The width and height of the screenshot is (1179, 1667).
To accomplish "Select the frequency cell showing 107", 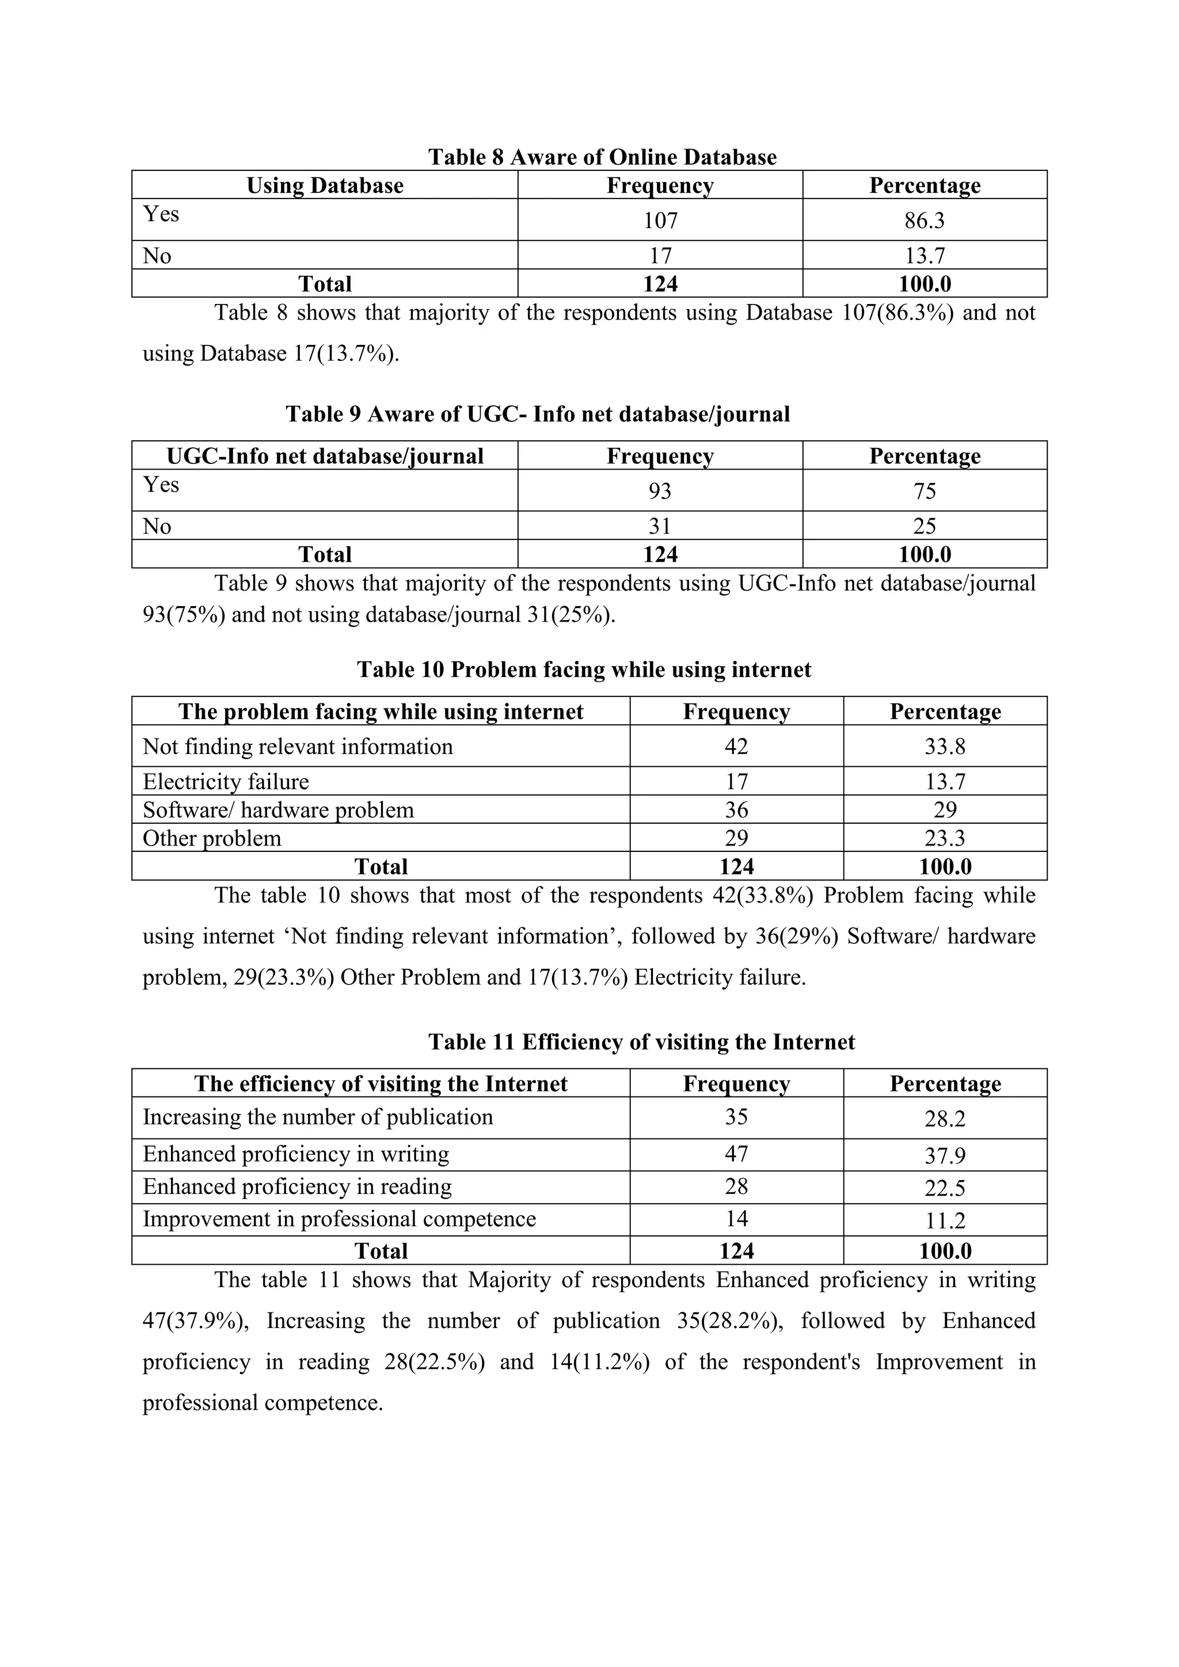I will click(660, 220).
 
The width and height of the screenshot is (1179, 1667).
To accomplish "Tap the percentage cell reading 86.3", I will click(924, 220).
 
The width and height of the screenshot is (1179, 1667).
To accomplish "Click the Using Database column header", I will click(325, 185).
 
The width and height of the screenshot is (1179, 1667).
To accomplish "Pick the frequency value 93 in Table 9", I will click(660, 491).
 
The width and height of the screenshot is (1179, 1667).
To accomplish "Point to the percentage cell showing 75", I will click(924, 491).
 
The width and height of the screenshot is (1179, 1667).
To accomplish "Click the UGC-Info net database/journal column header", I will click(325, 456).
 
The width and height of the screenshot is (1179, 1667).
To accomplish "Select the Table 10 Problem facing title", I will click(584, 669).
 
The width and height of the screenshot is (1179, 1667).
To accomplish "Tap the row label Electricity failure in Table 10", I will click(226, 781).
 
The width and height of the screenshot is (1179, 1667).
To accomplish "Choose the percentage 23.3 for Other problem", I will click(945, 838).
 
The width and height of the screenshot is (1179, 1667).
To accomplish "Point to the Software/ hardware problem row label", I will click(278, 809).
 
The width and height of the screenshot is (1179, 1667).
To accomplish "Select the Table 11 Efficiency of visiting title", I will click(641, 1042).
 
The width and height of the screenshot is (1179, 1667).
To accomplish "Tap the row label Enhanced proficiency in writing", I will click(295, 1154).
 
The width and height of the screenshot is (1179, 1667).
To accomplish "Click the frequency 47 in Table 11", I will click(736, 1154).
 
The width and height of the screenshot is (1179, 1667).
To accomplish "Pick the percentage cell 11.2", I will click(945, 1220).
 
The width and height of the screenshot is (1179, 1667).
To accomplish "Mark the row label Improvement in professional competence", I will click(339, 1219).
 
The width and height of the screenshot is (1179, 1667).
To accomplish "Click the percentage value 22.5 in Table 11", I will click(945, 1188).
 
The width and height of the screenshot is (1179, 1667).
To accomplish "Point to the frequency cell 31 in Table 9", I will click(660, 526).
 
